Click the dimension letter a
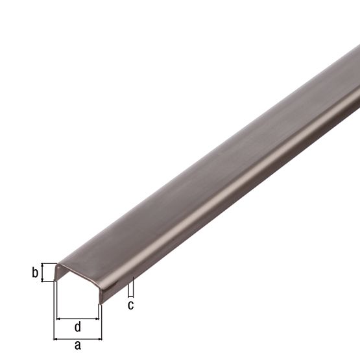[78, 346]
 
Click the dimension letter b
[35, 272]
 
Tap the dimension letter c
[130, 305]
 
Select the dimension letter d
[78, 326]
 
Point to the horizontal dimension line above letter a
[78, 338]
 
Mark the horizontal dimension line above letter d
[78, 318]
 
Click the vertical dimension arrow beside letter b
[44, 272]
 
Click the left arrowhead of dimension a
[56, 338]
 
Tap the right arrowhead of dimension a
[100, 338]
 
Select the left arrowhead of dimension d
[59, 318]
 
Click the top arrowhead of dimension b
[44, 265]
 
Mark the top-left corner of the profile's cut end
[57, 265]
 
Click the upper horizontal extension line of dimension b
[48, 263]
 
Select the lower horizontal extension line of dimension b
[48, 282]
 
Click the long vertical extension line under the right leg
[102, 321]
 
